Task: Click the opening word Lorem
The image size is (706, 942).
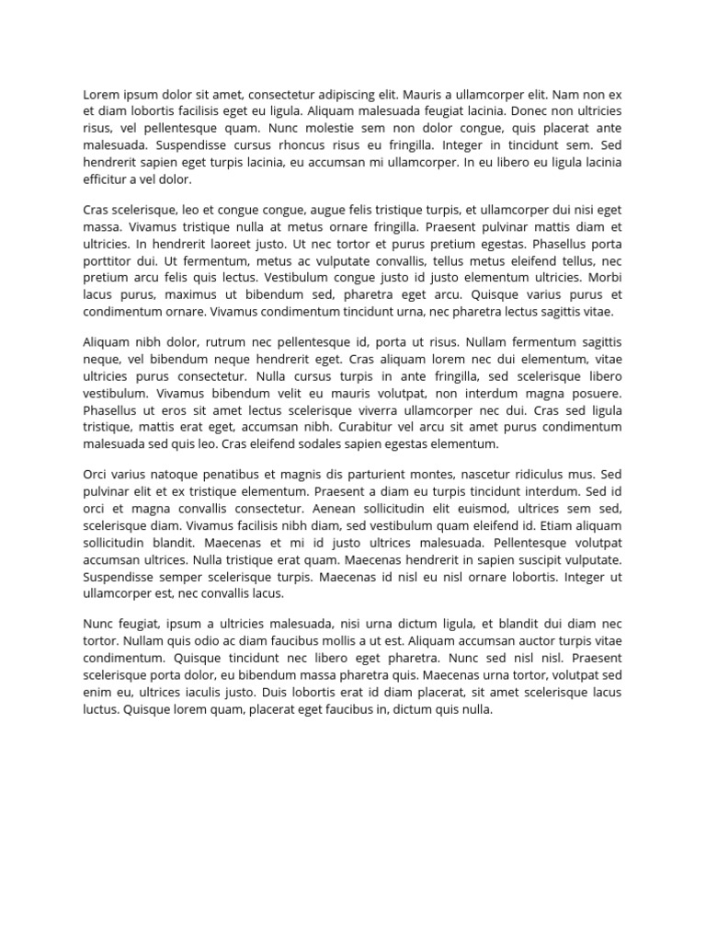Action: [102, 95]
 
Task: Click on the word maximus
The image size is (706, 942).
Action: [184, 294]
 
